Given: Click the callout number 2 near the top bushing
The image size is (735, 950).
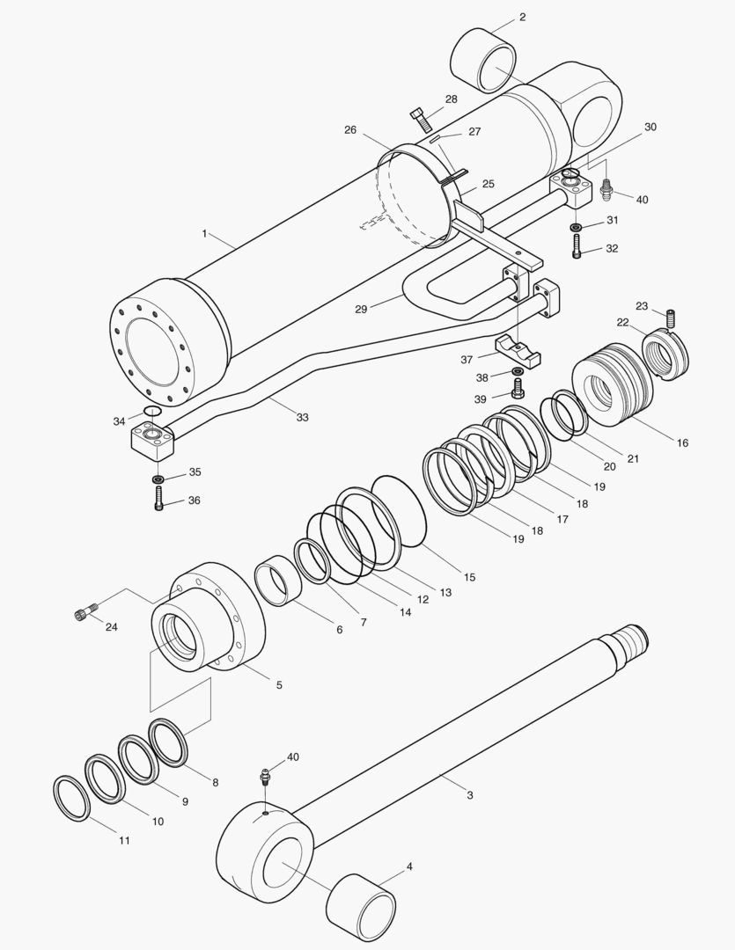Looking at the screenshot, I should coord(522,17).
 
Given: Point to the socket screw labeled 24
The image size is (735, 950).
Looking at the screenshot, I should coord(85,612).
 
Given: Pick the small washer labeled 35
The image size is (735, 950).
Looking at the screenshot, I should coord(158,479).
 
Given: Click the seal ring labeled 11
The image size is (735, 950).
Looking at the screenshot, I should coord(71,798).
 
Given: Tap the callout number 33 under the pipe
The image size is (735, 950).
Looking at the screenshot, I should coord(302,417).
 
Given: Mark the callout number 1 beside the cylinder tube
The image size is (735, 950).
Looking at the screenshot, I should coord(204,234).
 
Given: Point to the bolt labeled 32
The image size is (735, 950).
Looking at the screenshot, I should coord(576,248).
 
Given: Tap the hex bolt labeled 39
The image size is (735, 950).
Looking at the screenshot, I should coord(518,388).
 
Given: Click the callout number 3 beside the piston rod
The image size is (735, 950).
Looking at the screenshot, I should coord(470,794).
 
